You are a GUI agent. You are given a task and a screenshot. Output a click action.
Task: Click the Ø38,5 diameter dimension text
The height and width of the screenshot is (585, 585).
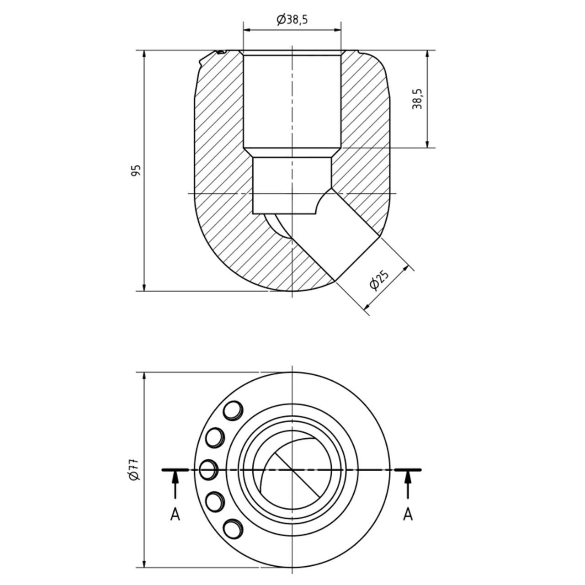click(292, 19)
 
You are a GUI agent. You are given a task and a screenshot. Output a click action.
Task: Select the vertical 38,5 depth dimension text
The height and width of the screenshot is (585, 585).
click(417, 99)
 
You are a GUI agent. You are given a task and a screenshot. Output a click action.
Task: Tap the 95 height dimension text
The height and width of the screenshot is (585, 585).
click(136, 170)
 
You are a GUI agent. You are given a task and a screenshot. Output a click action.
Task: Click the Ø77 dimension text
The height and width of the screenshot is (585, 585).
click(134, 470)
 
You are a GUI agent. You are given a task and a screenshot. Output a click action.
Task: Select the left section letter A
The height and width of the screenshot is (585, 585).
click(175, 515)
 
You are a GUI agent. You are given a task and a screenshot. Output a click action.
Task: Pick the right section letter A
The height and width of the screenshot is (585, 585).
click(408, 515)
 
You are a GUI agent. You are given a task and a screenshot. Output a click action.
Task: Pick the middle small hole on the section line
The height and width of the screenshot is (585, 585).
click(208, 469)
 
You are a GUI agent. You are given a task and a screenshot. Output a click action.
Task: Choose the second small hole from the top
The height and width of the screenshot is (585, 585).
click(215, 438)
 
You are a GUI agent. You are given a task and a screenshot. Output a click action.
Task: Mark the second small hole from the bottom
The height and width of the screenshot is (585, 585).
click(215, 501)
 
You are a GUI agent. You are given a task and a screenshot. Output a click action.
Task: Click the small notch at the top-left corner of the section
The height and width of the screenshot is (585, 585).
click(220, 53)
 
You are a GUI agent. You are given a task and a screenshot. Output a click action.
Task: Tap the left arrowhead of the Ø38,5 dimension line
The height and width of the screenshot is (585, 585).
click(247, 30)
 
